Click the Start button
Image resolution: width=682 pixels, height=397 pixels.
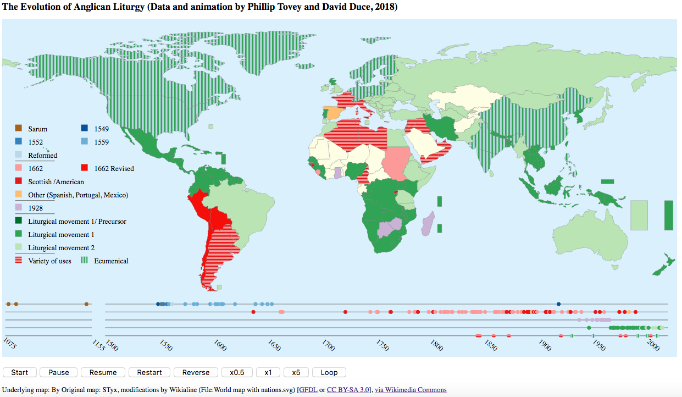tap(20, 372)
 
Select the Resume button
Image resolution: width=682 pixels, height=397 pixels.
tap(103, 372)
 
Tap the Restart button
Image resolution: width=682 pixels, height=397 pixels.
tap(149, 372)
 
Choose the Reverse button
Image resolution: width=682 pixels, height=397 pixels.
tap(196, 372)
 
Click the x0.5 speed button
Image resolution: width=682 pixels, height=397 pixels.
tap(237, 372)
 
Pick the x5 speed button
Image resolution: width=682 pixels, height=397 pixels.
tap(296, 372)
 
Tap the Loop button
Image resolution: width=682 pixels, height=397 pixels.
tap(329, 372)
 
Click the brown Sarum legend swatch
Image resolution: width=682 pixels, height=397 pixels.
tap(19, 129)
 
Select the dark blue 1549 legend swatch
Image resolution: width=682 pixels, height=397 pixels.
tap(84, 129)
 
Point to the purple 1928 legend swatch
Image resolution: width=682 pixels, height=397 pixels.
tap(19, 208)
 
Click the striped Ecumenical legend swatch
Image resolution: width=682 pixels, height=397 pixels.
tap(84, 261)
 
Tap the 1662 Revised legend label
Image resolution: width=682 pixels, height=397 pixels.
tap(114, 168)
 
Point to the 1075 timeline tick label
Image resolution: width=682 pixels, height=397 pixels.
tap(10, 344)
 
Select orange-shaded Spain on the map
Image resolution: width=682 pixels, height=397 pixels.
tap(331, 113)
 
